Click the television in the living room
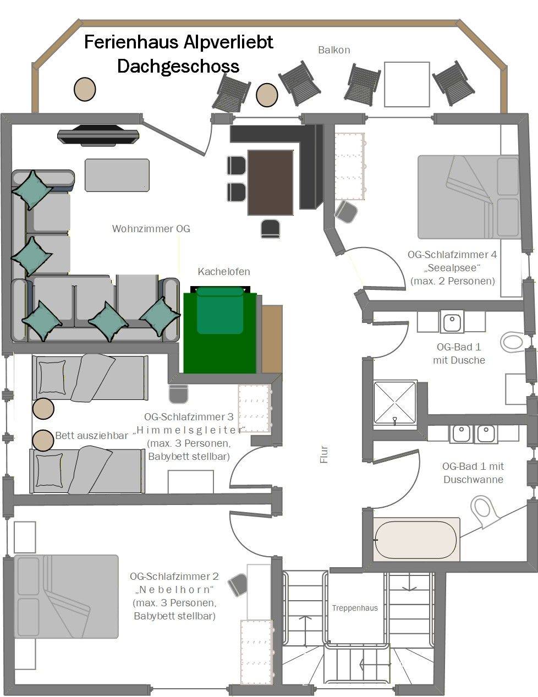(98, 135)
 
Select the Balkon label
(334, 50)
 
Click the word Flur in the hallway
(324, 454)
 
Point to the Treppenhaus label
(355, 608)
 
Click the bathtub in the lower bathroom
(416, 540)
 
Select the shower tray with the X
(395, 403)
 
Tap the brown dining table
(270, 182)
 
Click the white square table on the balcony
(407, 84)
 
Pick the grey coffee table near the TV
(117, 175)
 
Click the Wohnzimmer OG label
(151, 229)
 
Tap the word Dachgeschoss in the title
(178, 67)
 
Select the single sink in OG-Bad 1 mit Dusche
(452, 321)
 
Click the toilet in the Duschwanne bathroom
(484, 511)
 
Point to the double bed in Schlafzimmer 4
(468, 197)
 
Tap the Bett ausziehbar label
(92, 436)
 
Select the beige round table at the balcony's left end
(85, 89)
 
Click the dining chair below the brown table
(270, 229)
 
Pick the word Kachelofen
(223, 272)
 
